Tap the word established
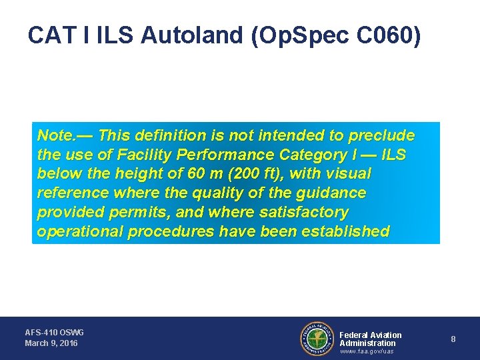tap(346, 232)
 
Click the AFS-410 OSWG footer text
tap(55, 332)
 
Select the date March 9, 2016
tap(51, 343)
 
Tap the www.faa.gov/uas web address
tap(367, 352)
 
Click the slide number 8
tap(453, 339)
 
